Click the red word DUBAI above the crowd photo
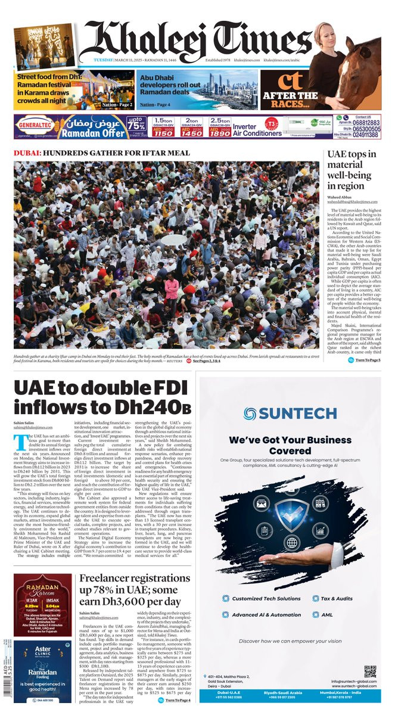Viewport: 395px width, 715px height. tap(26, 153)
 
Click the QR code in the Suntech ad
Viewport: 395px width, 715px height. tap(370, 672)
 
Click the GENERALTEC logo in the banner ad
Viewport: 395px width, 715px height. tap(35, 127)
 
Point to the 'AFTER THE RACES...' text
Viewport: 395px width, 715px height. tap(290, 100)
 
